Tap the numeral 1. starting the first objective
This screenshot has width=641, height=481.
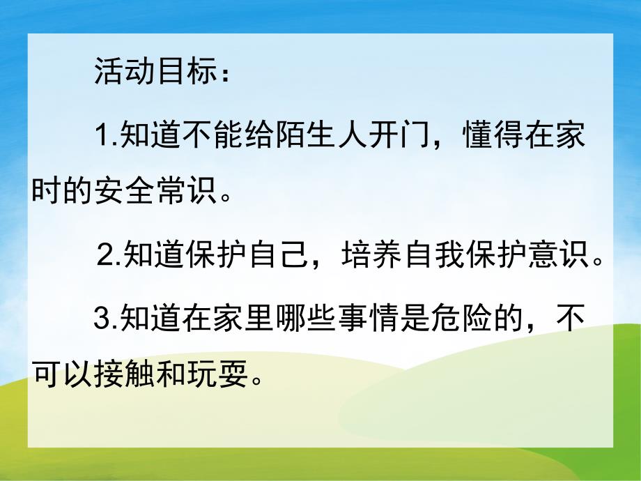click(x=107, y=136)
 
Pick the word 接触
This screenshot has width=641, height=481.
click(x=121, y=376)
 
